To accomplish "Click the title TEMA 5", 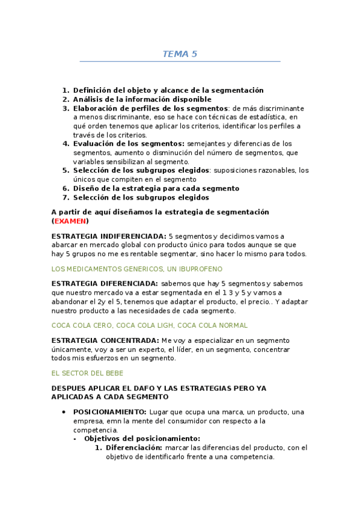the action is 180,54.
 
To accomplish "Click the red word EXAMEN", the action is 70,221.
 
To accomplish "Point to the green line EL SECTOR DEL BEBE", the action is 88,373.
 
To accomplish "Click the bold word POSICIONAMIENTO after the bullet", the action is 109,411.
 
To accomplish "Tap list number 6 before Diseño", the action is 66,188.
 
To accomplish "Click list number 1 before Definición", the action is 66,90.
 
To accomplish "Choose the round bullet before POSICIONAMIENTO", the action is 64,411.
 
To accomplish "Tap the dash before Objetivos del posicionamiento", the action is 75,438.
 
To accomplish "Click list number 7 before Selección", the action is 66,197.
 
